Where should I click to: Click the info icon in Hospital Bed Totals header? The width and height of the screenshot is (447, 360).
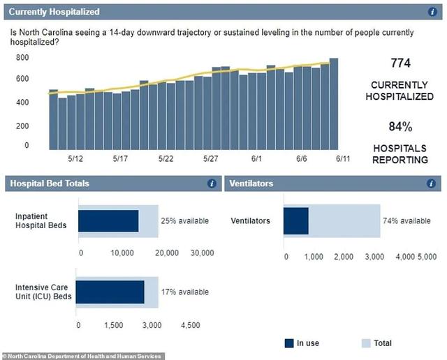pos(211,183)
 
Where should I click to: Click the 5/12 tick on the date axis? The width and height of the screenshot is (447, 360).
pos(75,159)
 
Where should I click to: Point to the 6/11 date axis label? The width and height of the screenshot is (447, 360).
pos(343,159)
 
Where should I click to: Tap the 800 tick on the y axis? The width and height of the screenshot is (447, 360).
pos(22,58)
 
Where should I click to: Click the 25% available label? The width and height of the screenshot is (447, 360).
pos(184,221)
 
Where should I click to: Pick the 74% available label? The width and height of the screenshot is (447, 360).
pos(406,221)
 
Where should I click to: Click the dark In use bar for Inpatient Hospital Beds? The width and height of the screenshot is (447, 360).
pos(108,221)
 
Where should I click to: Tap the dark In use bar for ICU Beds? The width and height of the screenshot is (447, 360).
pos(110,292)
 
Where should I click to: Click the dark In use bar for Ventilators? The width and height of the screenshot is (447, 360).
pos(296,221)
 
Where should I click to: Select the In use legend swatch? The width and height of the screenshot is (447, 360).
pos(290,343)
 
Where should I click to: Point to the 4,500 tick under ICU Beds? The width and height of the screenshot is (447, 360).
pos(189,325)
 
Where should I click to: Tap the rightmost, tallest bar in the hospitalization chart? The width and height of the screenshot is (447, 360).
pos(334,104)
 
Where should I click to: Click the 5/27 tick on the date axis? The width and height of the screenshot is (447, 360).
pos(211,159)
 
